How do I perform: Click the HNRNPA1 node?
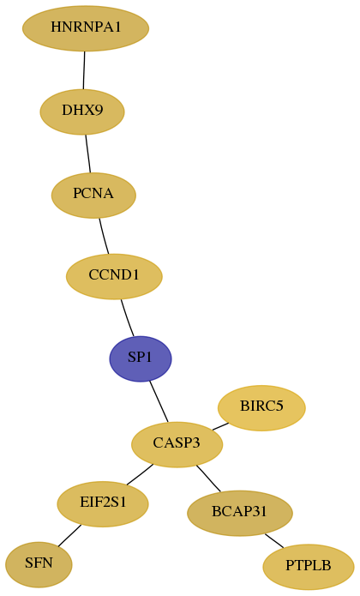[x=86, y=28]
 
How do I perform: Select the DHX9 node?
[x=82, y=111]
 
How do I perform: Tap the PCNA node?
[x=93, y=196]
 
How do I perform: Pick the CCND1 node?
[x=114, y=276]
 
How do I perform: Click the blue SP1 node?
[x=141, y=358]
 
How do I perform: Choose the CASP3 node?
[x=177, y=444]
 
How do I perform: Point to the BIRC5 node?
[x=261, y=408]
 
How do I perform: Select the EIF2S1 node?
[x=103, y=504]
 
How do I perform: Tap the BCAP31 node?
[x=240, y=513]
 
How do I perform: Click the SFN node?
[x=39, y=565]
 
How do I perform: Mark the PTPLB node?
[x=309, y=567]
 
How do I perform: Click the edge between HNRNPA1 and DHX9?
[x=84, y=70]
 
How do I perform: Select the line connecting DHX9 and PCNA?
[x=88, y=154]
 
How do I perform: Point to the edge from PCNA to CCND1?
[x=104, y=236]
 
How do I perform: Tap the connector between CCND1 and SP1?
[x=127, y=318]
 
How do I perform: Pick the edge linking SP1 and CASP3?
[x=159, y=401]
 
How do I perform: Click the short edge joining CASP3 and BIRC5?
[x=220, y=426]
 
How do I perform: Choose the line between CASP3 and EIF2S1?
[x=140, y=474]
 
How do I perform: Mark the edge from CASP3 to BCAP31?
[x=208, y=479]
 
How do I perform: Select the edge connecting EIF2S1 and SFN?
[x=69, y=536]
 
